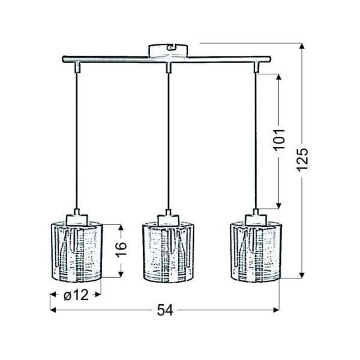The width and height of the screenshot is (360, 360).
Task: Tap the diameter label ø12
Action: point(76,295)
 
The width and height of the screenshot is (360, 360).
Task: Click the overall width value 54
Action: point(164,310)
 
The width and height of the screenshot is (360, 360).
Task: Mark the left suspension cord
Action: point(76,138)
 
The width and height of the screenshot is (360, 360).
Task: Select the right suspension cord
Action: point(257,138)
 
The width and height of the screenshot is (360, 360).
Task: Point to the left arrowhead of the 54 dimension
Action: point(52,310)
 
